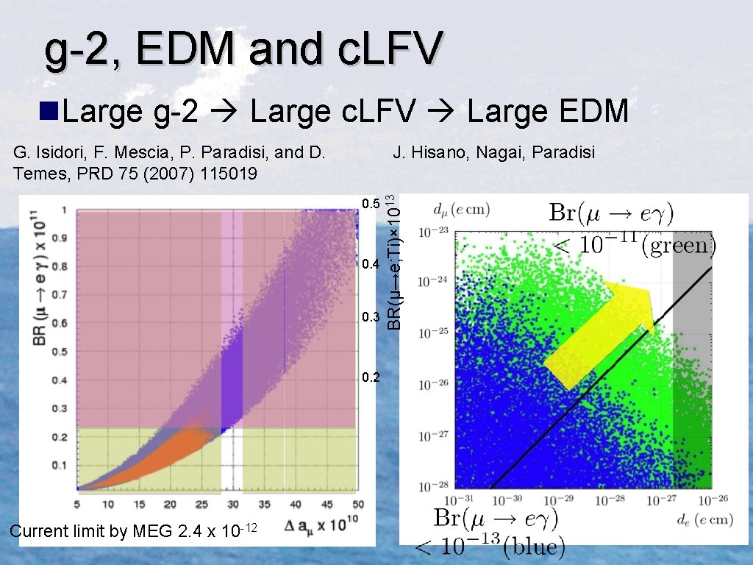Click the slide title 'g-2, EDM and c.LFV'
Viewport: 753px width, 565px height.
point(243,50)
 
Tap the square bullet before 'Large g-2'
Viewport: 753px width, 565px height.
point(49,111)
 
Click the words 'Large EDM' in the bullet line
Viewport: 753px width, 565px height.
point(547,112)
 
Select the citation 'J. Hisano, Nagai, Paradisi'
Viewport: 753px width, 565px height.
point(494,153)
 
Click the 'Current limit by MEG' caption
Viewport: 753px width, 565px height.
point(132,530)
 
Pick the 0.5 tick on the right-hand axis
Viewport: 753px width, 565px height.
point(371,204)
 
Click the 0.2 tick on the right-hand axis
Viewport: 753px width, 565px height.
point(371,378)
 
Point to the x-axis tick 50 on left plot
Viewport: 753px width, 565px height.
point(358,505)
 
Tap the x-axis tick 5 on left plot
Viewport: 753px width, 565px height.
point(77,505)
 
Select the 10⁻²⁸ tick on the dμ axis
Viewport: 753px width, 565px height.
point(433,486)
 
